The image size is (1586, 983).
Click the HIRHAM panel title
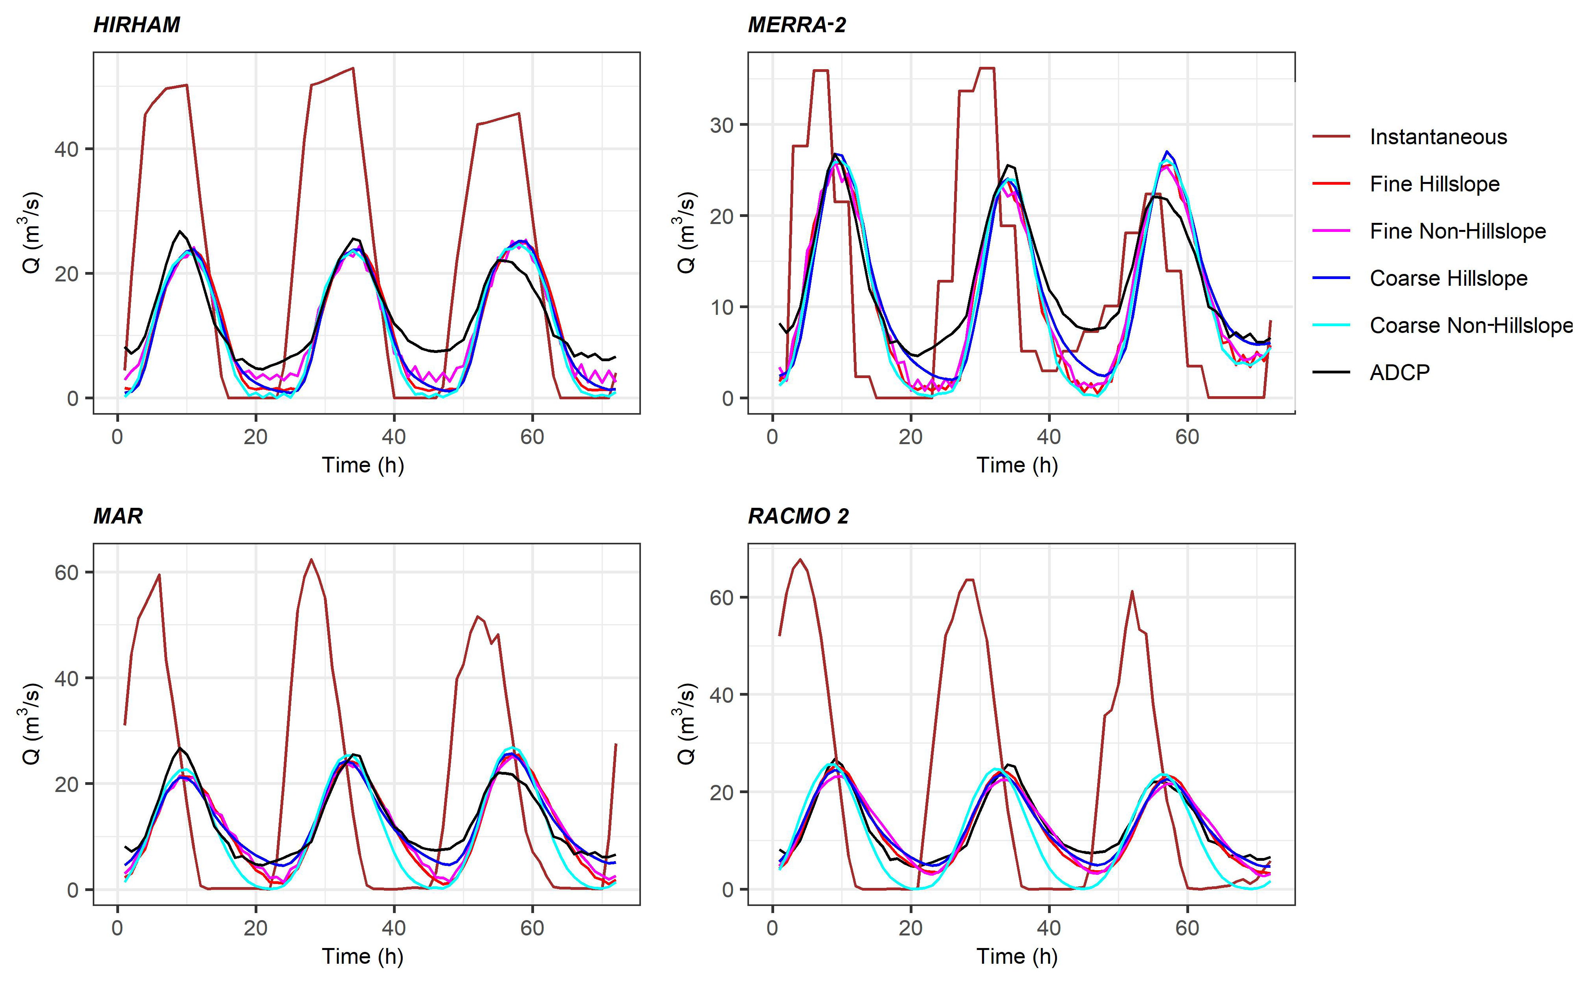136,25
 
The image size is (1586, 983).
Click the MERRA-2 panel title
797,25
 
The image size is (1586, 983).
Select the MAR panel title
117,516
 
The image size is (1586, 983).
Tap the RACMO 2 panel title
798,516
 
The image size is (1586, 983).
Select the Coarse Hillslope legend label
1448,278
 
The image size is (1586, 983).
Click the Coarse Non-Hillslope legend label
1471,325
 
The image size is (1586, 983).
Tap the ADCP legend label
1399,373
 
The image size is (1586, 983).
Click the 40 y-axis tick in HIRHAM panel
66,149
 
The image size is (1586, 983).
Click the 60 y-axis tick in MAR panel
66,573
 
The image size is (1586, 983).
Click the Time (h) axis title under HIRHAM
363,465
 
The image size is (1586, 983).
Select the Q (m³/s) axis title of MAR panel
31,723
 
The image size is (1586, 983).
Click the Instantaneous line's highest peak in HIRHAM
352,68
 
